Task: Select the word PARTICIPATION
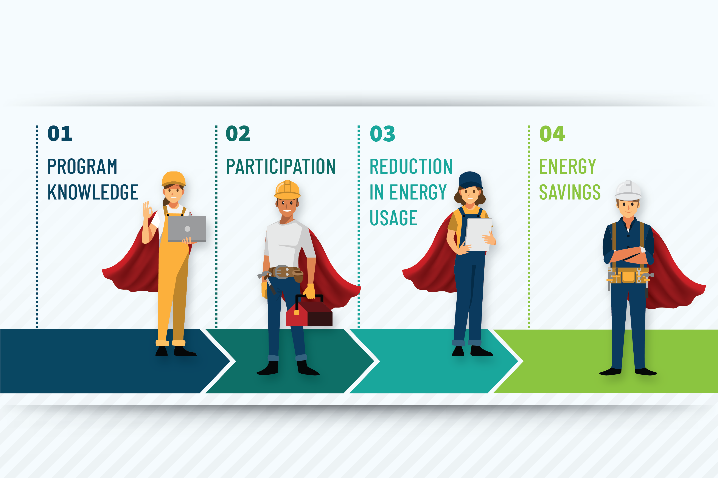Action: tap(281, 166)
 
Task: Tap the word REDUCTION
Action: tap(411, 166)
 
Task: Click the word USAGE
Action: tap(393, 218)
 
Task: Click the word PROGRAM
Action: tap(82, 166)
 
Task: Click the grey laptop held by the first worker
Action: tap(187, 229)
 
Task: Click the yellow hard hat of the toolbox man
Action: tap(287, 190)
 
